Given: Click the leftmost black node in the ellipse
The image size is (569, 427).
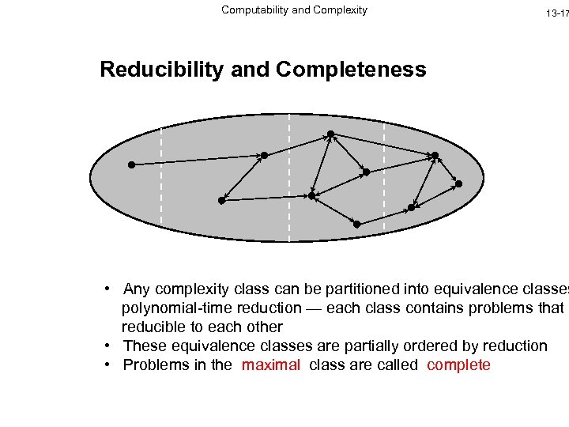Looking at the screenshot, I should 132,164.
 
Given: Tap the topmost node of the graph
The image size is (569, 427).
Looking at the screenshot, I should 330,134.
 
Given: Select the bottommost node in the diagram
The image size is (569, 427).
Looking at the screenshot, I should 356,225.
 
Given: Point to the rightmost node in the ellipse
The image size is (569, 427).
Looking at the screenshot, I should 459,183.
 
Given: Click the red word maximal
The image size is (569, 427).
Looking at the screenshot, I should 271,365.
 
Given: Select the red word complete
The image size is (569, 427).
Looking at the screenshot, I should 458,365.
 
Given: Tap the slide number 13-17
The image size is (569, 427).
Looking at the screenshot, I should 556,13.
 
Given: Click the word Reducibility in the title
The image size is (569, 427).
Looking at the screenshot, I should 162,70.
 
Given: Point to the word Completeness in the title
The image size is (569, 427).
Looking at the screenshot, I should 351,70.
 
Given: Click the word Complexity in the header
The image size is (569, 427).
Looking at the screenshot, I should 340,10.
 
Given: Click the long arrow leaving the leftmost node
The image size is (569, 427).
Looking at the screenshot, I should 198,160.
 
